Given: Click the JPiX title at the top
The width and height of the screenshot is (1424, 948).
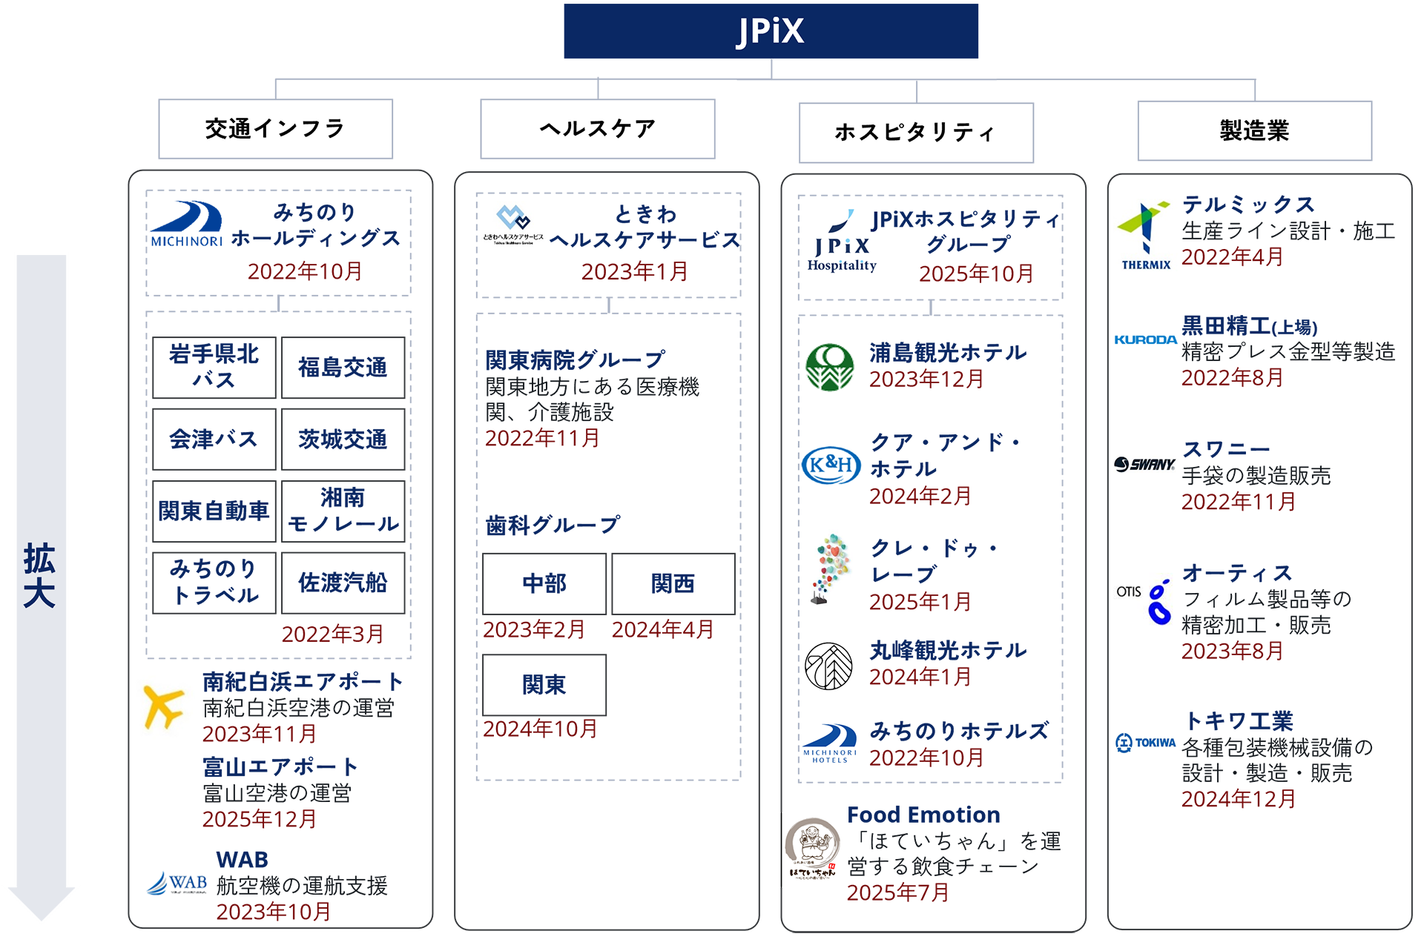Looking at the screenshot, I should [x=771, y=32].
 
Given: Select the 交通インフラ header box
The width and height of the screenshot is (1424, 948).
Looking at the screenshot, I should [x=275, y=129].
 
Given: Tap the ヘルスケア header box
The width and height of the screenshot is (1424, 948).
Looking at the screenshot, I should [x=597, y=129].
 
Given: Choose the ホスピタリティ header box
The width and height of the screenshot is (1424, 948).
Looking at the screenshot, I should [x=915, y=133].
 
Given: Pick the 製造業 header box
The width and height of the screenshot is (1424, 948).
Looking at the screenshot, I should [x=1254, y=131].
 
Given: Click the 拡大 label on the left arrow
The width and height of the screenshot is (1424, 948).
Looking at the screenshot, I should [x=40, y=575].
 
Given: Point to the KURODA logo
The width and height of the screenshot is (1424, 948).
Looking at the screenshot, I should [x=1146, y=339].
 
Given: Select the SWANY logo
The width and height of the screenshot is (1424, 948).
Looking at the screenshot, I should [x=1145, y=465].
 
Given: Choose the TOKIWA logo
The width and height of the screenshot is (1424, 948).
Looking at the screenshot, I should [x=1146, y=742].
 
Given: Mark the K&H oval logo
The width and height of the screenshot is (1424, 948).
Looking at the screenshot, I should [x=831, y=465].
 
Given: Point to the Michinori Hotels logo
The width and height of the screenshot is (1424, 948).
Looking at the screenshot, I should [x=830, y=743].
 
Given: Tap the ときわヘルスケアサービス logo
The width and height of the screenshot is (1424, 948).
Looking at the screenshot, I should [x=513, y=225].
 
